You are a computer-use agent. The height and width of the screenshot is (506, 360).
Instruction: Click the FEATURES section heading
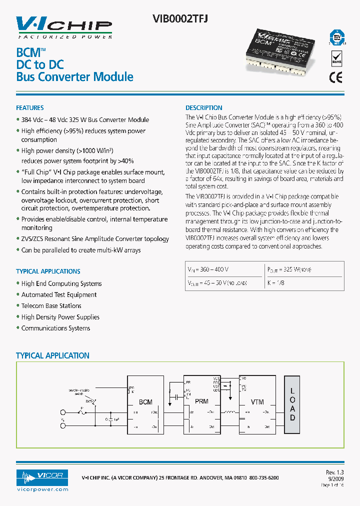tap(30, 108)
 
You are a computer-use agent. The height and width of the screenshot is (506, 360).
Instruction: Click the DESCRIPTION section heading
tap(204, 108)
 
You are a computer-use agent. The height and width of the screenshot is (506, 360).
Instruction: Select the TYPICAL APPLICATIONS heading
tap(48, 271)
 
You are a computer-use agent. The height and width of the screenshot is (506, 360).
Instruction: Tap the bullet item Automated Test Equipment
tap(59, 295)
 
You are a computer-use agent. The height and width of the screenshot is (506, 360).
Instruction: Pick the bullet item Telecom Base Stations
tap(51, 306)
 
